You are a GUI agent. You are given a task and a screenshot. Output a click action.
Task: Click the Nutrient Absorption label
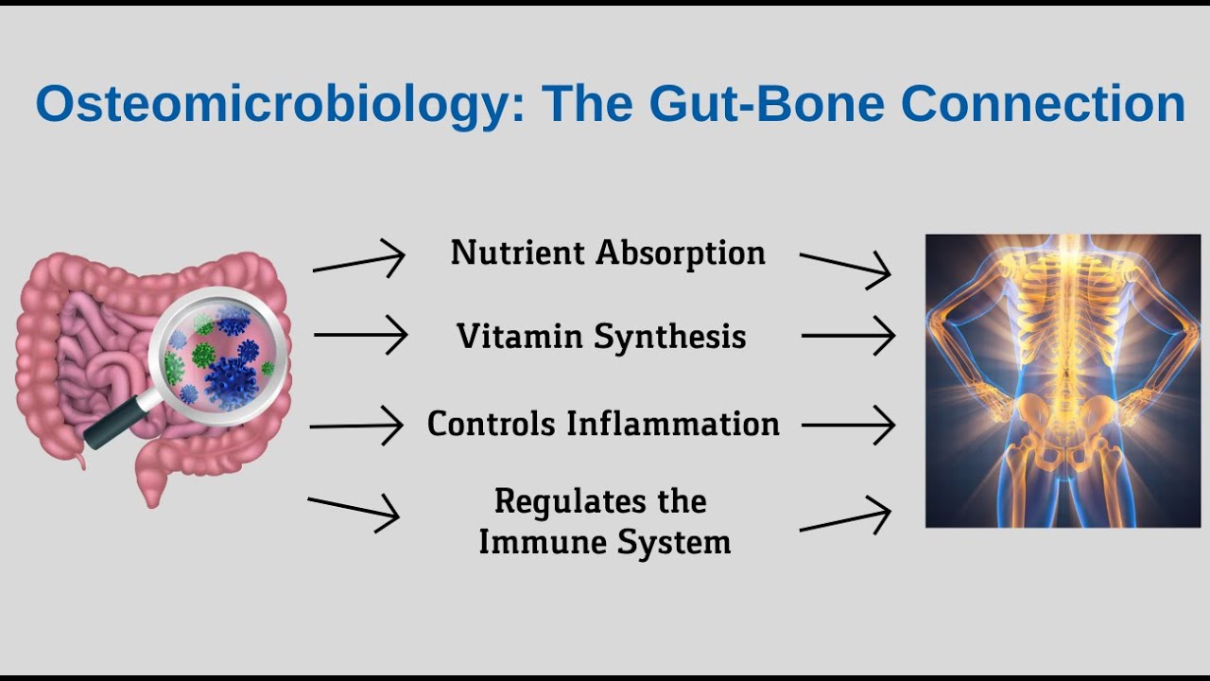(x=607, y=253)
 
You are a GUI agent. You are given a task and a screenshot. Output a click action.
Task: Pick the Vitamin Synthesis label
(x=601, y=337)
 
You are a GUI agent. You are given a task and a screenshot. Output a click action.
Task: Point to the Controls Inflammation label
(x=603, y=424)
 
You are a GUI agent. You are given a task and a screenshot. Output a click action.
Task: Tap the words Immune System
(x=604, y=543)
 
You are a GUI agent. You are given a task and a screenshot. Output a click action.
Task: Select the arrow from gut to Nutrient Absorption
(x=359, y=259)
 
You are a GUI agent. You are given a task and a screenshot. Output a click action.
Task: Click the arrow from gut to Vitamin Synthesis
(x=360, y=335)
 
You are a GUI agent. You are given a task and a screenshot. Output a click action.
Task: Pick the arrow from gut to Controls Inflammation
(x=357, y=426)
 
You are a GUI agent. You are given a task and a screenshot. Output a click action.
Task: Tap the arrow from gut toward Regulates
(x=354, y=510)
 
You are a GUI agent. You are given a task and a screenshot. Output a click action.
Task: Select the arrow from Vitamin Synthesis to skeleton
(x=848, y=335)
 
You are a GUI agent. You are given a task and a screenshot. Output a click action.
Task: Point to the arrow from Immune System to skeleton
(x=845, y=520)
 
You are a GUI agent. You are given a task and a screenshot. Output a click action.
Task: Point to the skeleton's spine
(x=1063, y=331)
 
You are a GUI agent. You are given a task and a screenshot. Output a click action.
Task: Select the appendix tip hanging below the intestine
(x=79, y=462)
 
